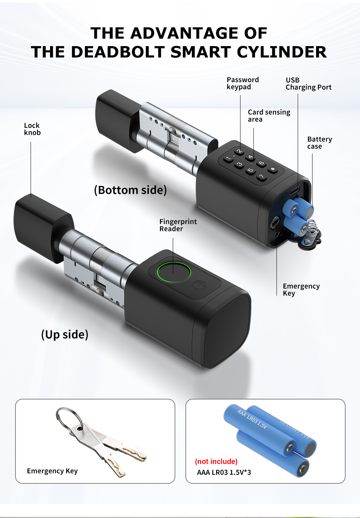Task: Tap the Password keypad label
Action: click(242, 83)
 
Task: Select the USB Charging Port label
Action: click(308, 84)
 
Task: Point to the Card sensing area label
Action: click(269, 116)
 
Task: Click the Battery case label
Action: click(319, 143)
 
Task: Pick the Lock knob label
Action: click(32, 129)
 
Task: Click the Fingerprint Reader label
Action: click(178, 225)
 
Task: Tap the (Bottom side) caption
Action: click(130, 190)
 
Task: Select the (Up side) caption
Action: click(65, 334)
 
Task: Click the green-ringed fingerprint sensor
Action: click(174, 272)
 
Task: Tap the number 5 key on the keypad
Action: click(250, 170)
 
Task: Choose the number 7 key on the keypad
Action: click(261, 177)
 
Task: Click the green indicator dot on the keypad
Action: click(234, 156)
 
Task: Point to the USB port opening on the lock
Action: click(294, 190)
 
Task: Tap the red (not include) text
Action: click(216, 461)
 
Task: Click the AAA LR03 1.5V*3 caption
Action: click(224, 472)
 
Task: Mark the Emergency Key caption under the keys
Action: click(52, 471)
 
